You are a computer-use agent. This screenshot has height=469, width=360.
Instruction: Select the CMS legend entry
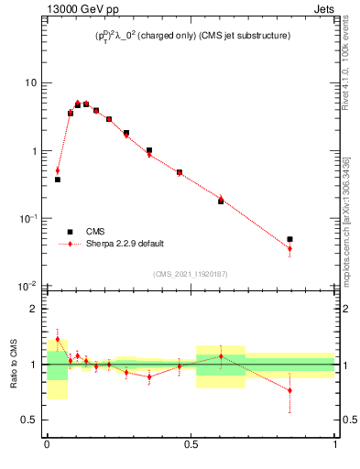pos(95,232)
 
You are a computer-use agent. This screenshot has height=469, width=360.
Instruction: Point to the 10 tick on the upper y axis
pos(30,83)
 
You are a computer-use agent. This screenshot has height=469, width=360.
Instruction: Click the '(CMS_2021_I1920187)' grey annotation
pos(191,274)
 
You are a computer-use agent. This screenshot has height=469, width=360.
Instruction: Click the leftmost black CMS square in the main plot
pos(58,180)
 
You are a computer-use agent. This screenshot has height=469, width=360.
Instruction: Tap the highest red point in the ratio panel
pos(58,339)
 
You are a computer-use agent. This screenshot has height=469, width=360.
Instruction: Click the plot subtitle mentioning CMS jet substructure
pos(191,36)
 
